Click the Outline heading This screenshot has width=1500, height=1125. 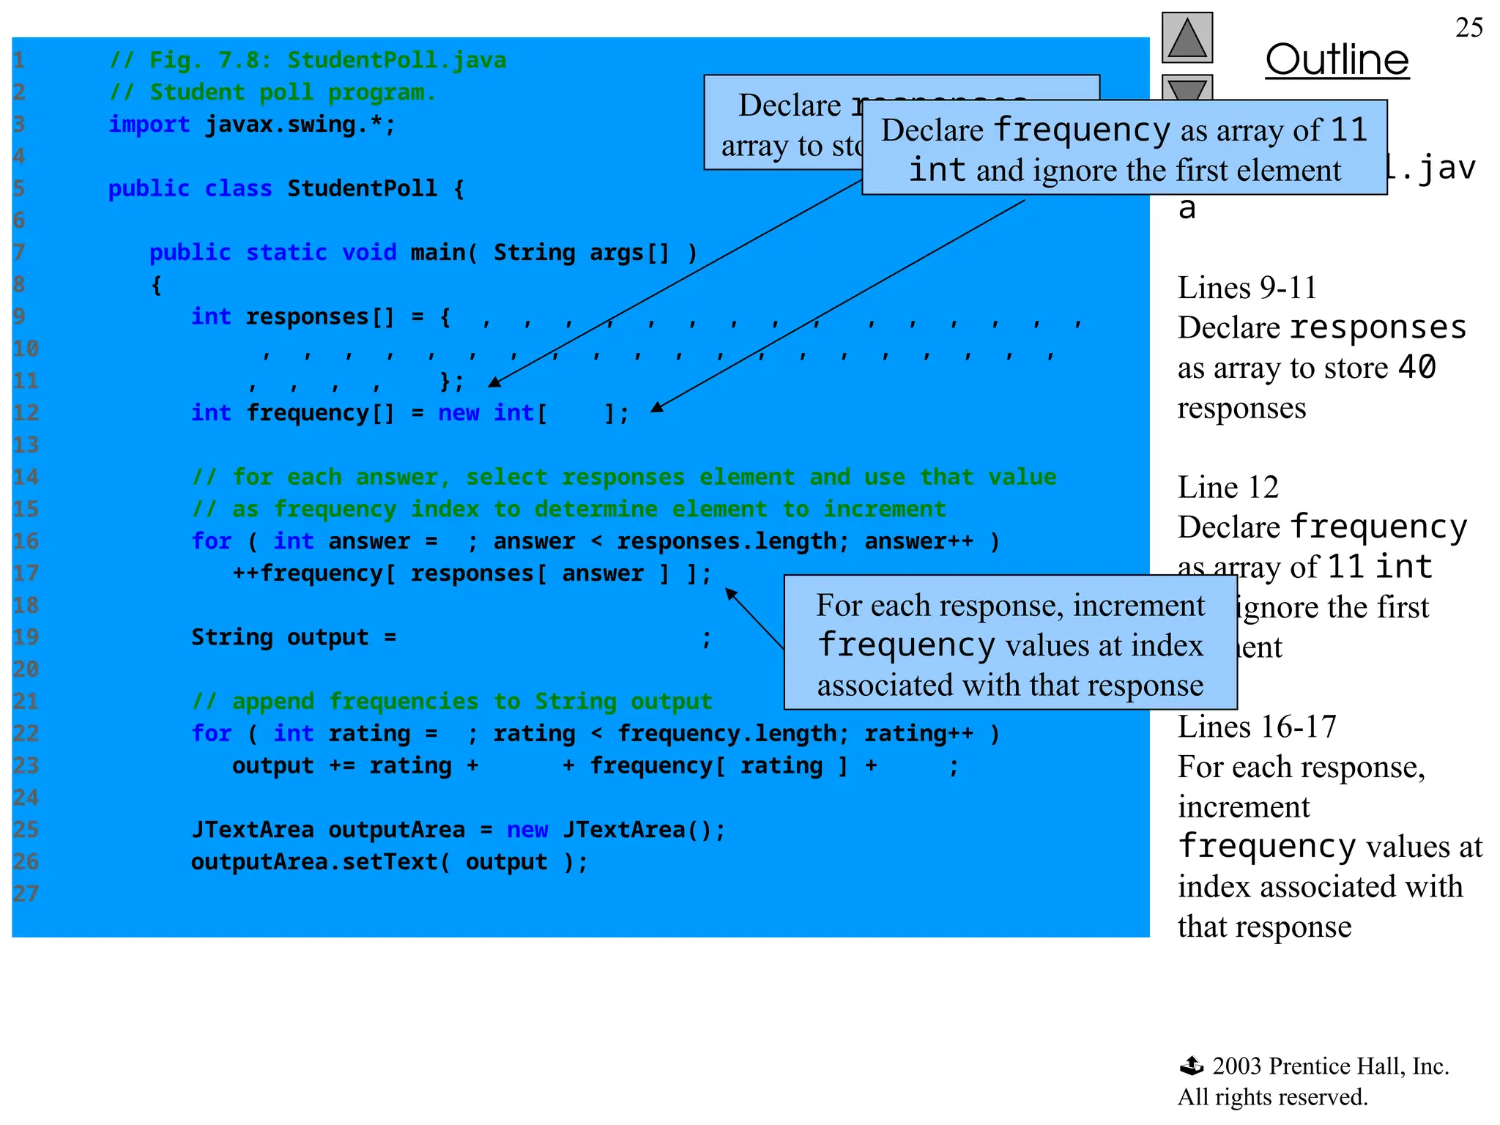coord(1337,60)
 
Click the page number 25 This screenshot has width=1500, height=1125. coord(1469,28)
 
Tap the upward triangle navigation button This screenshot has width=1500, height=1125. coord(1187,38)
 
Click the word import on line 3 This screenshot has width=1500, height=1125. coord(149,125)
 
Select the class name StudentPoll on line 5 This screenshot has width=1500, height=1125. coord(362,189)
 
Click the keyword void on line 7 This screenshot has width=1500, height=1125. coord(369,253)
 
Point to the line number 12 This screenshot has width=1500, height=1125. coord(26,413)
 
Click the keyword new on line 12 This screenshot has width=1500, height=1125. coord(458,413)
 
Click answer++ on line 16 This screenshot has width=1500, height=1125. coord(919,541)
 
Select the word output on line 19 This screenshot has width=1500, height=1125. coord(327,637)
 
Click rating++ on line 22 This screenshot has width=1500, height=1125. coord(919,734)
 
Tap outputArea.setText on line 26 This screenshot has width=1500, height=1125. coord(314,862)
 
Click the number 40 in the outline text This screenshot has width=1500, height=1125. coord(1417,367)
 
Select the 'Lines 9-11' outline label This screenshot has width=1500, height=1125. coord(1247,288)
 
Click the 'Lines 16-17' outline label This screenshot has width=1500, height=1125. coord(1257,727)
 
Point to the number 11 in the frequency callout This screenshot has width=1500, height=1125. coord(1348,130)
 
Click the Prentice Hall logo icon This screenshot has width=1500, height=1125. coord(1192,1066)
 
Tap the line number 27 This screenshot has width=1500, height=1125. coord(26,894)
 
